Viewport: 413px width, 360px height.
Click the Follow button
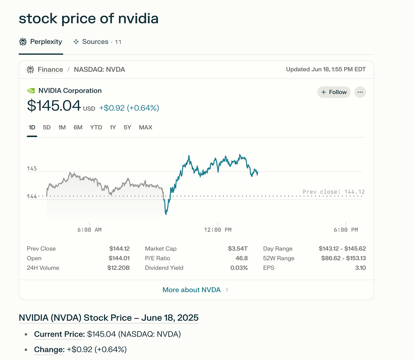coord(334,92)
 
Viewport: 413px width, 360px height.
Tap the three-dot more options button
coord(360,92)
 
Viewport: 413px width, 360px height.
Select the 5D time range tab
coord(47,127)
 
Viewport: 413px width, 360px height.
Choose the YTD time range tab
coord(96,127)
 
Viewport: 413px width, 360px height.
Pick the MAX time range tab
coord(145,127)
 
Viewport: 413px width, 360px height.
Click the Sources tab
coord(95,42)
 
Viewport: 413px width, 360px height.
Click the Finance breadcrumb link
coord(50,70)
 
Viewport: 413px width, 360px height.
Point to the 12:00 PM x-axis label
coord(217,230)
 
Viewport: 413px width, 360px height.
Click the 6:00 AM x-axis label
coord(89,230)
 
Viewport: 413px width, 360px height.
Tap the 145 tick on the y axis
coord(32,168)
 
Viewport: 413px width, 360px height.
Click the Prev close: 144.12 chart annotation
coord(334,192)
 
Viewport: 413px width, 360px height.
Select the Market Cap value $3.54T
coord(238,249)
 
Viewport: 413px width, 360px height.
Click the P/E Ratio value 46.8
coord(241,258)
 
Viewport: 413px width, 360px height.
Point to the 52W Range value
coord(343,258)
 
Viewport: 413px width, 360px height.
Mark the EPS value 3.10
coord(360,268)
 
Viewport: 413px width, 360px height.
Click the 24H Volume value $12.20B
coord(118,268)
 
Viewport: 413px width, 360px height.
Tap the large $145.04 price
coord(54,106)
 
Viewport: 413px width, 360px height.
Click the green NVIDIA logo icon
coord(31,91)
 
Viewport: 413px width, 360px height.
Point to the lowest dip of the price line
coord(166,214)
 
